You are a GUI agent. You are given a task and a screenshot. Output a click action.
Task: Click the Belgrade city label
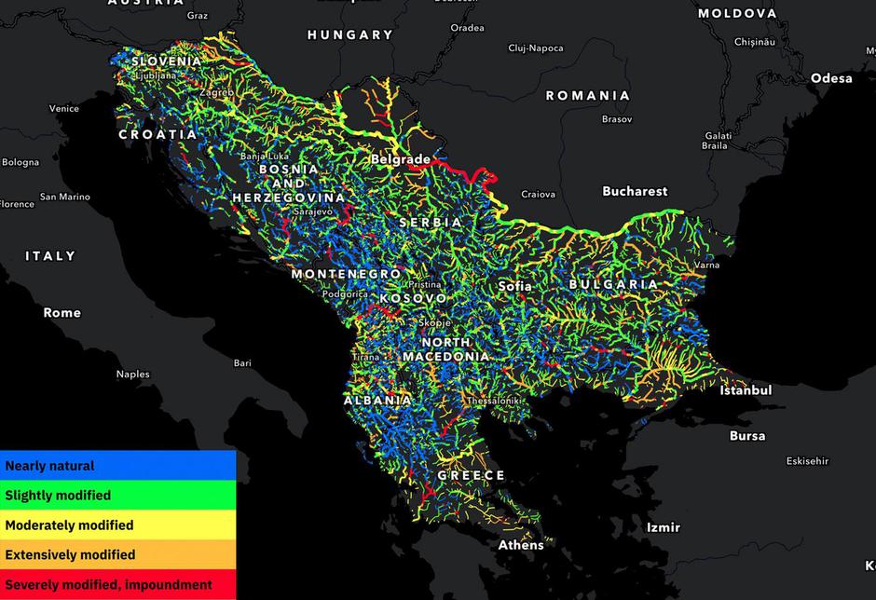(x=401, y=159)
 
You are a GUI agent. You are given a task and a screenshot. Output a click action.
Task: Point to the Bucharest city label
(x=635, y=191)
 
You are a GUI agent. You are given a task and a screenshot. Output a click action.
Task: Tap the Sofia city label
(x=515, y=286)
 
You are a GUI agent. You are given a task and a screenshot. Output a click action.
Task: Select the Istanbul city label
(x=746, y=390)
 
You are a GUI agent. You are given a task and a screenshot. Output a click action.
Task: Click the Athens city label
(x=521, y=545)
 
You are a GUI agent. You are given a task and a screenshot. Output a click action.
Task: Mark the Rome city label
(x=62, y=313)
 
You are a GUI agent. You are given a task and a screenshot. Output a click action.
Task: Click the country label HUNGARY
(x=350, y=34)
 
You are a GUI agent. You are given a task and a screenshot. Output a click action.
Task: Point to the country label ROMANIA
(x=587, y=95)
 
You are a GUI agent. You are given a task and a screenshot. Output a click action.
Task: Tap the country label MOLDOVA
(x=737, y=13)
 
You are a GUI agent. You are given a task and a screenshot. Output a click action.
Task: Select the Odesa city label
(x=831, y=78)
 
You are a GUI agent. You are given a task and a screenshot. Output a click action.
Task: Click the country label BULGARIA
(x=613, y=284)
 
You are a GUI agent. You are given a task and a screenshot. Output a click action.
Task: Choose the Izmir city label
(x=664, y=527)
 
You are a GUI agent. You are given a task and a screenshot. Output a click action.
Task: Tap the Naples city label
(x=132, y=375)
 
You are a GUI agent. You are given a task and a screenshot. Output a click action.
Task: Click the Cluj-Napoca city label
(x=536, y=48)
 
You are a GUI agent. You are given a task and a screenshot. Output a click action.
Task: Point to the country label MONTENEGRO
(x=346, y=274)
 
